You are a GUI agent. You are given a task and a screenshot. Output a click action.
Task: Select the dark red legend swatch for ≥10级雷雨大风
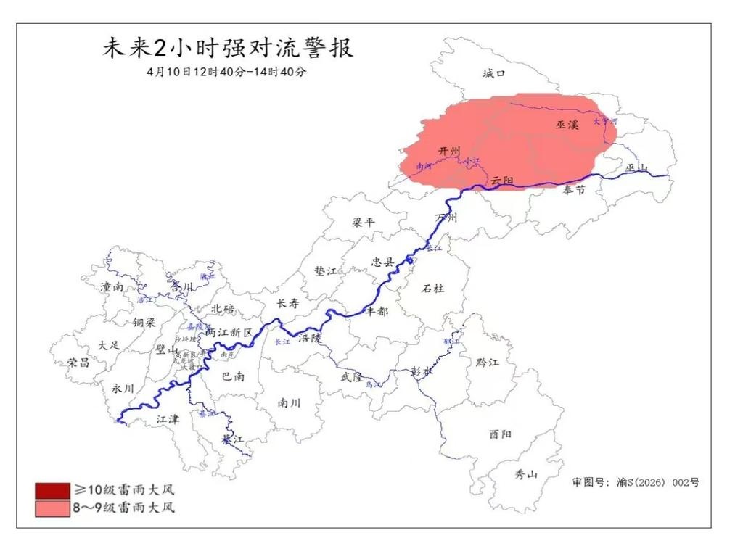(x=47, y=491)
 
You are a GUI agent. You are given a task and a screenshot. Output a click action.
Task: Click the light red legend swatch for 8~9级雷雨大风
(x=47, y=508)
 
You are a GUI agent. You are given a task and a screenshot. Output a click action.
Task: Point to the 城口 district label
(x=493, y=73)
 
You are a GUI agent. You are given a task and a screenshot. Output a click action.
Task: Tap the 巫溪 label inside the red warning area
(x=567, y=125)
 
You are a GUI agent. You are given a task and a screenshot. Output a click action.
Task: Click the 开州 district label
(x=450, y=150)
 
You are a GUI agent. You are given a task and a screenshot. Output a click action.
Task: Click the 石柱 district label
(x=432, y=288)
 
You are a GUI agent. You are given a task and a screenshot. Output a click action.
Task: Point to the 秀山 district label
(x=526, y=475)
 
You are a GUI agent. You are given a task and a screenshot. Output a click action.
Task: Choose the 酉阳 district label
(x=500, y=434)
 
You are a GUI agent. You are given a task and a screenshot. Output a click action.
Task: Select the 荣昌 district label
(x=78, y=362)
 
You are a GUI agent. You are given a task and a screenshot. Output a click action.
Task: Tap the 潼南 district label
(x=112, y=287)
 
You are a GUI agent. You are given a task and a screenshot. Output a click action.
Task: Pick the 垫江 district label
(x=326, y=270)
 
